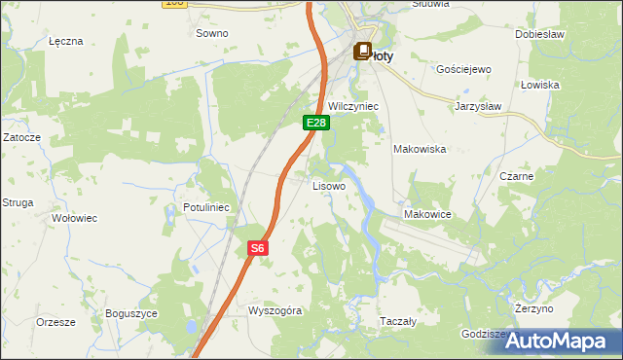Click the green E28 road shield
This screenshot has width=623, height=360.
pyautogui.click(x=316, y=123)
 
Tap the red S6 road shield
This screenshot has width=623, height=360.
pyautogui.click(x=257, y=249)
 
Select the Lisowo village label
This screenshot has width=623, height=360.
pyautogui.click(x=328, y=185)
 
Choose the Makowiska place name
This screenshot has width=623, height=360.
pyautogui.click(x=419, y=149)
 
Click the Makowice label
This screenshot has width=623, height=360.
pyautogui.click(x=424, y=214)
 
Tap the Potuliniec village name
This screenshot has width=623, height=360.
pyautogui.click(x=205, y=208)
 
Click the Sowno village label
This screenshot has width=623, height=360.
pyautogui.click(x=212, y=33)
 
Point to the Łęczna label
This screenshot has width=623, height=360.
pyautogui.click(x=66, y=42)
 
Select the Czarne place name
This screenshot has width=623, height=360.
pyautogui.click(x=516, y=177)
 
